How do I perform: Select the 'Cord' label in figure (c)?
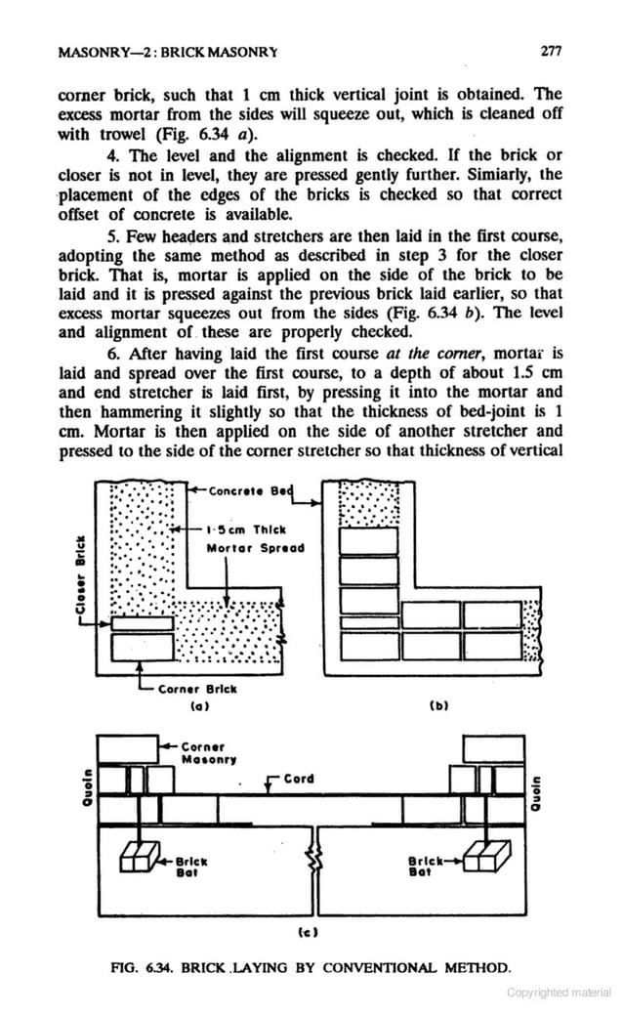point(299,780)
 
